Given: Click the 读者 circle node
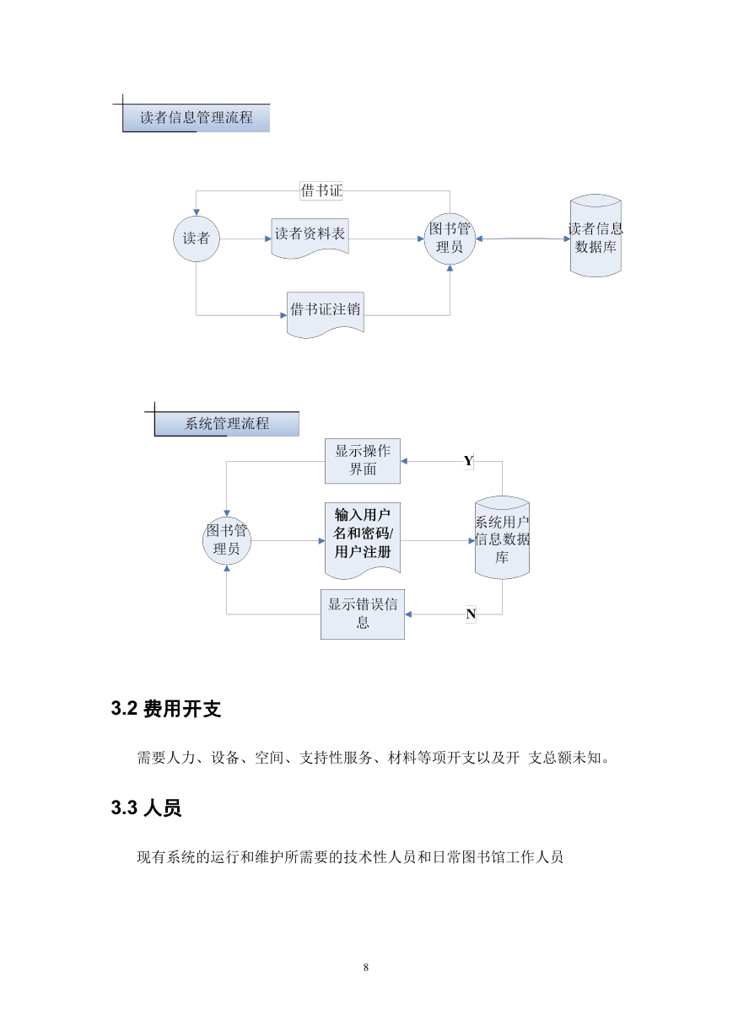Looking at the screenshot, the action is (x=196, y=239).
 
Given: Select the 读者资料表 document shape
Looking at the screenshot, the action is (x=310, y=238).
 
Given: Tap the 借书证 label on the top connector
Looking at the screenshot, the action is (x=321, y=190).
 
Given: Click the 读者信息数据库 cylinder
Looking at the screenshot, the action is (x=596, y=236).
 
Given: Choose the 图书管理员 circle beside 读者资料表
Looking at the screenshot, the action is (x=450, y=239).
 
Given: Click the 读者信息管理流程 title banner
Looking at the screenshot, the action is (x=196, y=118).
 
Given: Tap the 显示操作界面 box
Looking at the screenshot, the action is (x=363, y=461).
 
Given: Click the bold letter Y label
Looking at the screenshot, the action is (x=468, y=461).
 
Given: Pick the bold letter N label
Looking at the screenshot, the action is (x=471, y=614).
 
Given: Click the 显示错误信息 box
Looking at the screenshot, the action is (x=363, y=614).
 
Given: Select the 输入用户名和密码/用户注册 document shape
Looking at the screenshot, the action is (x=363, y=539).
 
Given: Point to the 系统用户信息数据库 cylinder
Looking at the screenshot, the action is (x=502, y=538).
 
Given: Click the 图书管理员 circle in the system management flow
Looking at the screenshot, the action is (x=227, y=540).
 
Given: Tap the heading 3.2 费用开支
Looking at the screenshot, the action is (x=166, y=708).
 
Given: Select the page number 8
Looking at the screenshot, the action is (x=366, y=967).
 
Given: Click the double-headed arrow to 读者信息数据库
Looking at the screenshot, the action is (x=523, y=239).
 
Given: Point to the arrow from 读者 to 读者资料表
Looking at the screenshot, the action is (x=245, y=239).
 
